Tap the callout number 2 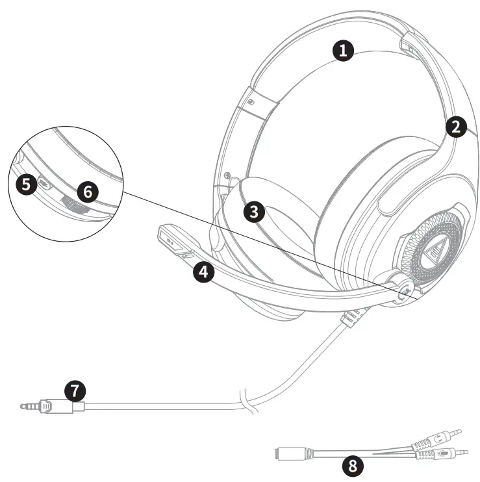click(x=456, y=126)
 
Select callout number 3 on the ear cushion click(x=254, y=210)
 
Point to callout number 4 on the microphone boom click(x=204, y=272)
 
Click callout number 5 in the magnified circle click(x=26, y=184)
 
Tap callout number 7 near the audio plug click(x=76, y=390)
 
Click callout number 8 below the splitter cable click(x=352, y=465)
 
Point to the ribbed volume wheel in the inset click(x=73, y=205)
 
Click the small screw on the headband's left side click(x=250, y=103)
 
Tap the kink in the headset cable click(x=246, y=398)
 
